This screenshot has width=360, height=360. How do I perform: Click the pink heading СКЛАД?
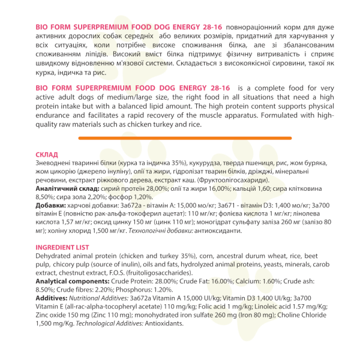coord(47,154)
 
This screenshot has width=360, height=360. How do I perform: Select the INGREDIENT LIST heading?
coord(62,247)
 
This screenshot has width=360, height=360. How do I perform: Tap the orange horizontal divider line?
coord(180,138)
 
